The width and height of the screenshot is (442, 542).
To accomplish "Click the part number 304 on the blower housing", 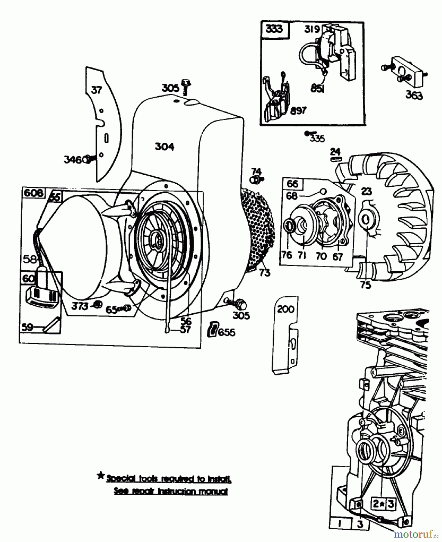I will pyautogui.click(x=164, y=147).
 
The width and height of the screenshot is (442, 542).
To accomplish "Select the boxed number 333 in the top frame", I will pyautogui.click(x=274, y=29).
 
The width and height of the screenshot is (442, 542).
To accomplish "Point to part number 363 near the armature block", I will pyautogui.click(x=414, y=95).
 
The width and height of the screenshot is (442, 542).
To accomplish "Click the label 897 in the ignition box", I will pyautogui.click(x=298, y=111).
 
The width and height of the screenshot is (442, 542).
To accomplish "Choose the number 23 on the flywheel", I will pyautogui.click(x=366, y=191).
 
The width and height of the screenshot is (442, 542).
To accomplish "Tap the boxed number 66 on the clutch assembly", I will pyautogui.click(x=292, y=184).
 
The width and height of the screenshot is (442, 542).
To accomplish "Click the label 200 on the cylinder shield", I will pyautogui.click(x=285, y=309).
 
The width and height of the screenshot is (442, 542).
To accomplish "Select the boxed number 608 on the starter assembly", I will pyautogui.click(x=33, y=193).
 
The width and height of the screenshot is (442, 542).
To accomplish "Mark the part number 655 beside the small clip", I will pyautogui.click(x=226, y=332).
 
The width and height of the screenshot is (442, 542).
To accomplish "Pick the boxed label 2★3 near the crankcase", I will pyautogui.click(x=383, y=504).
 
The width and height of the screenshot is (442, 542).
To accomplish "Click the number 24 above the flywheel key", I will pyautogui.click(x=335, y=151).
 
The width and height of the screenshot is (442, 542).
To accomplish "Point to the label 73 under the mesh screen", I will pyautogui.click(x=265, y=273).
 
